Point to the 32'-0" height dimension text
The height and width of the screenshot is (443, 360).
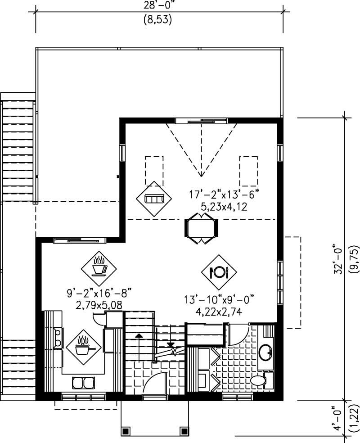[x=337, y=259]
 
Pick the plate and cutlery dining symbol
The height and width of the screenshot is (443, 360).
[x=219, y=271]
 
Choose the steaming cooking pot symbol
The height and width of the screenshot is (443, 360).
[x=84, y=347]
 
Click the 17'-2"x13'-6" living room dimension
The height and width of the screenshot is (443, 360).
[x=225, y=196]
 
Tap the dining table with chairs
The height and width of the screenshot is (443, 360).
[x=201, y=227]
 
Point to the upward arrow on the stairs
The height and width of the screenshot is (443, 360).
[x=139, y=337]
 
